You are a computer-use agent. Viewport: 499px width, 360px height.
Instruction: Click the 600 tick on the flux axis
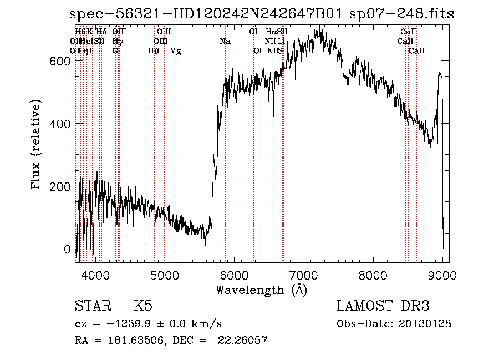(x=60, y=61)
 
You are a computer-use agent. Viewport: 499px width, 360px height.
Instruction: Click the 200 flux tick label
(x=60, y=186)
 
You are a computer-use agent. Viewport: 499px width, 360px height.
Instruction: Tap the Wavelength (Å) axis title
(x=261, y=290)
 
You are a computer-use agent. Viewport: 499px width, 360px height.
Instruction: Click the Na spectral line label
(x=225, y=42)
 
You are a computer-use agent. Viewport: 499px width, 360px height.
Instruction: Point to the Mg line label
(x=175, y=51)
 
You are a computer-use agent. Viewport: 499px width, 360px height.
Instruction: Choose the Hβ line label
(x=154, y=51)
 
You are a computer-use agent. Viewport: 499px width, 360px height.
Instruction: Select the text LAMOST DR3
(x=383, y=306)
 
